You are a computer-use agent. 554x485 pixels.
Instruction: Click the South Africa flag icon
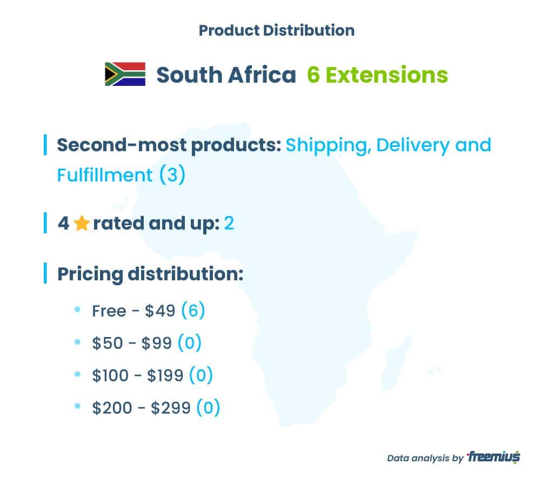click(125, 74)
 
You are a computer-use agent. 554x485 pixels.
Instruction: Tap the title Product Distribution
click(277, 30)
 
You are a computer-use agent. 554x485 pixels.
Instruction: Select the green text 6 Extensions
click(377, 75)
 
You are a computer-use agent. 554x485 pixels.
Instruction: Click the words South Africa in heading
click(226, 75)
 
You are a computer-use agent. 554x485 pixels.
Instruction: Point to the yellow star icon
click(82, 223)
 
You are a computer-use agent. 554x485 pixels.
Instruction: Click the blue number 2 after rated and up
click(229, 224)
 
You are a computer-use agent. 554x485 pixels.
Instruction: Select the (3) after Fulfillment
click(172, 174)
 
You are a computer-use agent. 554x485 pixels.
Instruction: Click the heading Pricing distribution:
click(150, 274)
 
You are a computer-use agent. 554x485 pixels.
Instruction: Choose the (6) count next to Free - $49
click(193, 311)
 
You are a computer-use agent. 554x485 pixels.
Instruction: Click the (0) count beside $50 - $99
click(190, 343)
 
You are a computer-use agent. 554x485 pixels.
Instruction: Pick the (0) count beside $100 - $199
click(201, 375)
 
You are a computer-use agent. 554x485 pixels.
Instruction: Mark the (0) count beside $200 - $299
click(208, 408)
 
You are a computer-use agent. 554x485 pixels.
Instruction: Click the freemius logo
click(493, 457)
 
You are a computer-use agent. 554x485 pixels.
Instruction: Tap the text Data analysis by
click(425, 458)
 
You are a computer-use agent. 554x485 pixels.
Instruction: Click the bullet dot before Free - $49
click(78, 309)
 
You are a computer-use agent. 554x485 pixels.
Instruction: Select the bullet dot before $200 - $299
click(78, 406)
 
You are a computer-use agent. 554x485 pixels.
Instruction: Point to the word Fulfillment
click(105, 175)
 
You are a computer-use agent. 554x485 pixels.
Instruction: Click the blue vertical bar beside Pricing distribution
click(45, 273)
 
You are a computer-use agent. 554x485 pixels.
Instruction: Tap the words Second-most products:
click(169, 145)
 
